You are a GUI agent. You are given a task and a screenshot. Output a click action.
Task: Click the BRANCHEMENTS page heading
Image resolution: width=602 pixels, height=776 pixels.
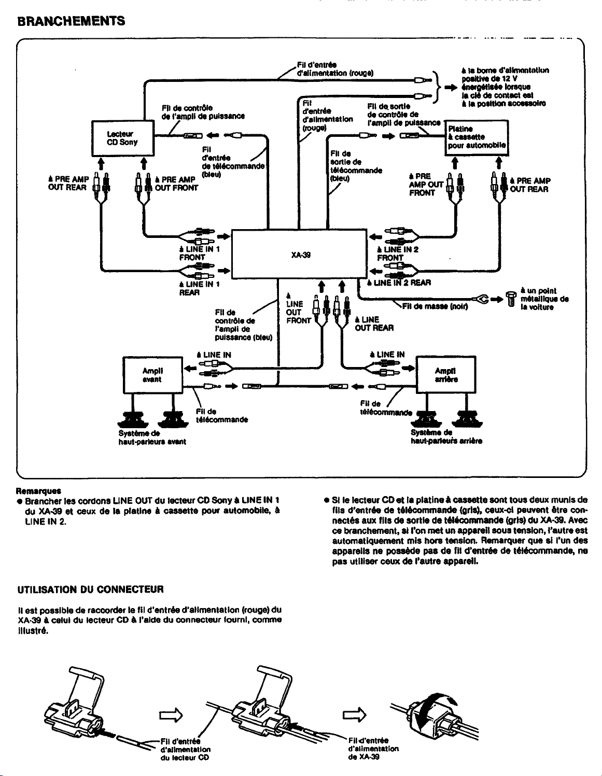[71, 21]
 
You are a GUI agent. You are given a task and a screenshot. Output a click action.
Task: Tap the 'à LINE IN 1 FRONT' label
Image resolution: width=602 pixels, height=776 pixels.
[199, 253]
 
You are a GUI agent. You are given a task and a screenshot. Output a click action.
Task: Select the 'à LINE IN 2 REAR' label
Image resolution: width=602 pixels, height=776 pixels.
[399, 283]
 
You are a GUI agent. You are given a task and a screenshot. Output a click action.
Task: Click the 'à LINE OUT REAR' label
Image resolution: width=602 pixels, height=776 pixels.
[374, 323]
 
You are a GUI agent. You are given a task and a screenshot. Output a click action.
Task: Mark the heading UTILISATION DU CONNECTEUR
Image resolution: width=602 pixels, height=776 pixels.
[90, 589]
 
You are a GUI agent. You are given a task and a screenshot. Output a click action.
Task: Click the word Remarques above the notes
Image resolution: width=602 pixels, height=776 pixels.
[38, 491]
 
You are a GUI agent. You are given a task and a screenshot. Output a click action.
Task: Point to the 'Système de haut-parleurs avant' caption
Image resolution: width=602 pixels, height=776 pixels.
[152, 438]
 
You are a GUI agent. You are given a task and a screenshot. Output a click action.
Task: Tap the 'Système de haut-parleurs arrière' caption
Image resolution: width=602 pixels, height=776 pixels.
[446, 437]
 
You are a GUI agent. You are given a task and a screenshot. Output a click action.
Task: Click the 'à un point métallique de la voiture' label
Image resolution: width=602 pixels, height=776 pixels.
[544, 299]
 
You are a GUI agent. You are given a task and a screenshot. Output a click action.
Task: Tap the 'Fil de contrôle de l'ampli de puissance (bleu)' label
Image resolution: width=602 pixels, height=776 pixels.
[244, 325]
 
